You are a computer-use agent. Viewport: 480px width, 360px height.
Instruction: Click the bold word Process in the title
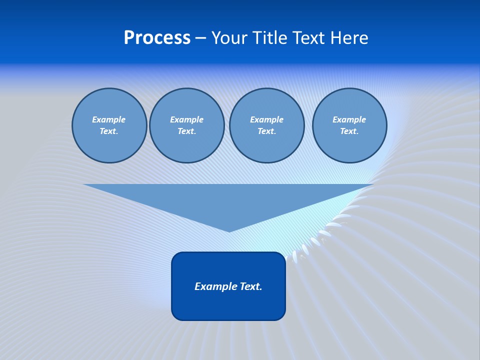(157, 38)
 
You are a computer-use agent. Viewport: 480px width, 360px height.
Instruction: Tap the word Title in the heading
(270, 38)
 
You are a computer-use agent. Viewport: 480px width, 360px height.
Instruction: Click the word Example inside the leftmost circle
(108, 119)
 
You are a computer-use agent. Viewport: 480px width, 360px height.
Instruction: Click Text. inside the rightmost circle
(349, 131)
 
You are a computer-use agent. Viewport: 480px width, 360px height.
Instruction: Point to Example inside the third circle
(266, 119)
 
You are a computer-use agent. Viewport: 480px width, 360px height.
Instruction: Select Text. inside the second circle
(186, 131)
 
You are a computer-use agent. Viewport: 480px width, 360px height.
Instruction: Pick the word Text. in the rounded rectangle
(251, 286)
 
